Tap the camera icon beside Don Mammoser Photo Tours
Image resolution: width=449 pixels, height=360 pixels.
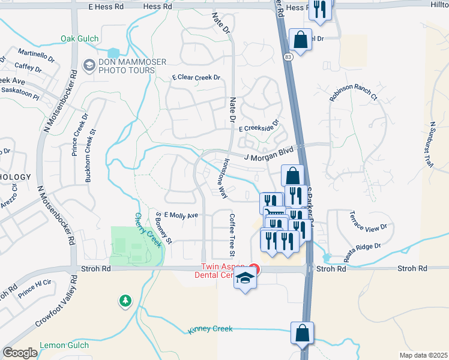tap(89, 64)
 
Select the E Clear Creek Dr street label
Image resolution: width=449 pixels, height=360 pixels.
tap(196, 78)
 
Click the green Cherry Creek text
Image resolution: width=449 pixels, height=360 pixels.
tap(148, 230)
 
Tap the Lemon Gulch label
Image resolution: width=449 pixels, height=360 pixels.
tap(64, 345)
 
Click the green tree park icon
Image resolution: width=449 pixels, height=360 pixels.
tap(125, 300)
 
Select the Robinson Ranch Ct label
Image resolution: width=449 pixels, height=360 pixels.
tap(353, 92)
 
